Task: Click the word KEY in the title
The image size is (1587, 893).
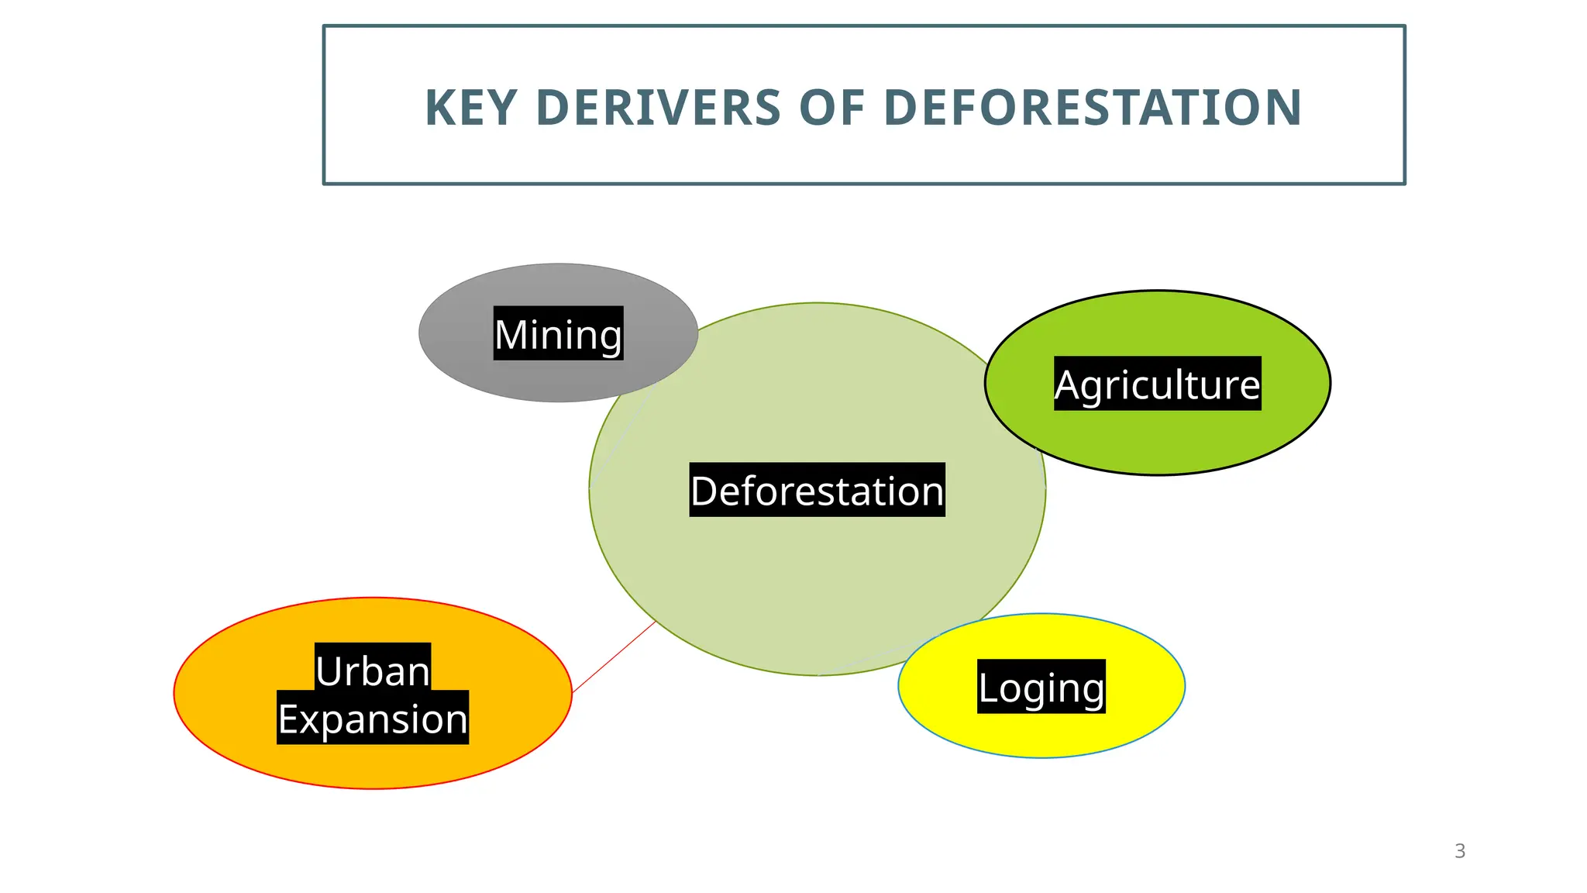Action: click(x=471, y=108)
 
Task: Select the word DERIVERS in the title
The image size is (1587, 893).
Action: click(x=658, y=108)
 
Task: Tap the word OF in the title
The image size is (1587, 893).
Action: click(x=831, y=108)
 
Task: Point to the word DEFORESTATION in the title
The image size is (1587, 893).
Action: click(x=1093, y=108)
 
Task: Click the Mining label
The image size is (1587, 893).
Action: click(x=558, y=334)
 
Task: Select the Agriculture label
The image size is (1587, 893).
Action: click(x=1157, y=384)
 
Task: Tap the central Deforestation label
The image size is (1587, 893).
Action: click(x=817, y=491)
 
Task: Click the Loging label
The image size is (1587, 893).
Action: click(x=1041, y=688)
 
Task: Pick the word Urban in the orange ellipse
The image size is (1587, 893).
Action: click(x=373, y=670)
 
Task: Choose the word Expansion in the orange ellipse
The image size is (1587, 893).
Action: click(x=373, y=719)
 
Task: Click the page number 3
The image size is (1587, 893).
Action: click(x=1460, y=851)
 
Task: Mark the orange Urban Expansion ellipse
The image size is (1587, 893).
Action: click(x=232, y=698)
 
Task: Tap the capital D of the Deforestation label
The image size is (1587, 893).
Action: click(x=706, y=491)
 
